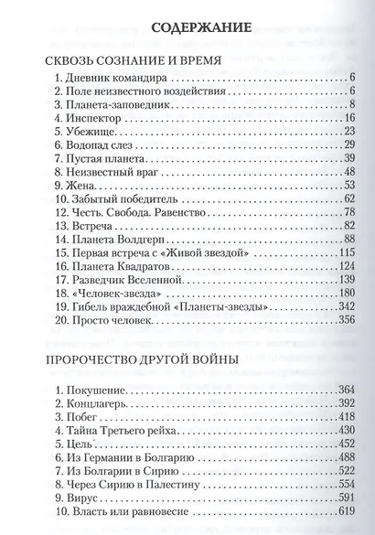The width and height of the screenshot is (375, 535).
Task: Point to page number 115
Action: (345, 251)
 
